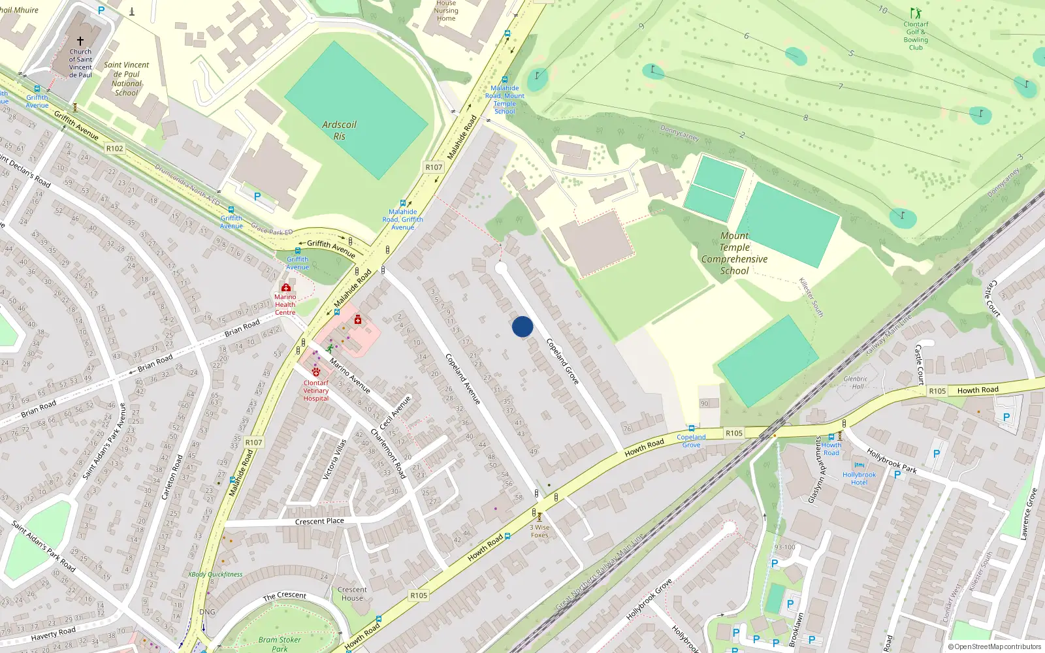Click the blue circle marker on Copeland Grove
coord(522,326)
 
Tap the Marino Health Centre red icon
coord(285,287)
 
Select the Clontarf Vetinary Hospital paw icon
coord(316,372)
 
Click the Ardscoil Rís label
coord(340,130)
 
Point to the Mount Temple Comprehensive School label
coord(734,253)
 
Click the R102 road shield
coord(115,149)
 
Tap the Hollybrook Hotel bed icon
coord(859,466)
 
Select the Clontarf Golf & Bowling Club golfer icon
coord(915,14)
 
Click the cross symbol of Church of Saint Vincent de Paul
coord(80,41)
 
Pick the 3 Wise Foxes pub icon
coord(539,517)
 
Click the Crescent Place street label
coord(319,521)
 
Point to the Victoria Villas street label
coord(335,459)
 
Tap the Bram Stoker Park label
coord(280,644)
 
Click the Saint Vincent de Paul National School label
coord(127,79)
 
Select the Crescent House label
coord(352,594)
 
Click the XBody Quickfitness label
coord(216,575)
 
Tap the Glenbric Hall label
coord(856,383)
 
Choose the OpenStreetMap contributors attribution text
coord(995,646)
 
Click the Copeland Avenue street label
coord(463,379)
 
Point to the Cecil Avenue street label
coord(395,413)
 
